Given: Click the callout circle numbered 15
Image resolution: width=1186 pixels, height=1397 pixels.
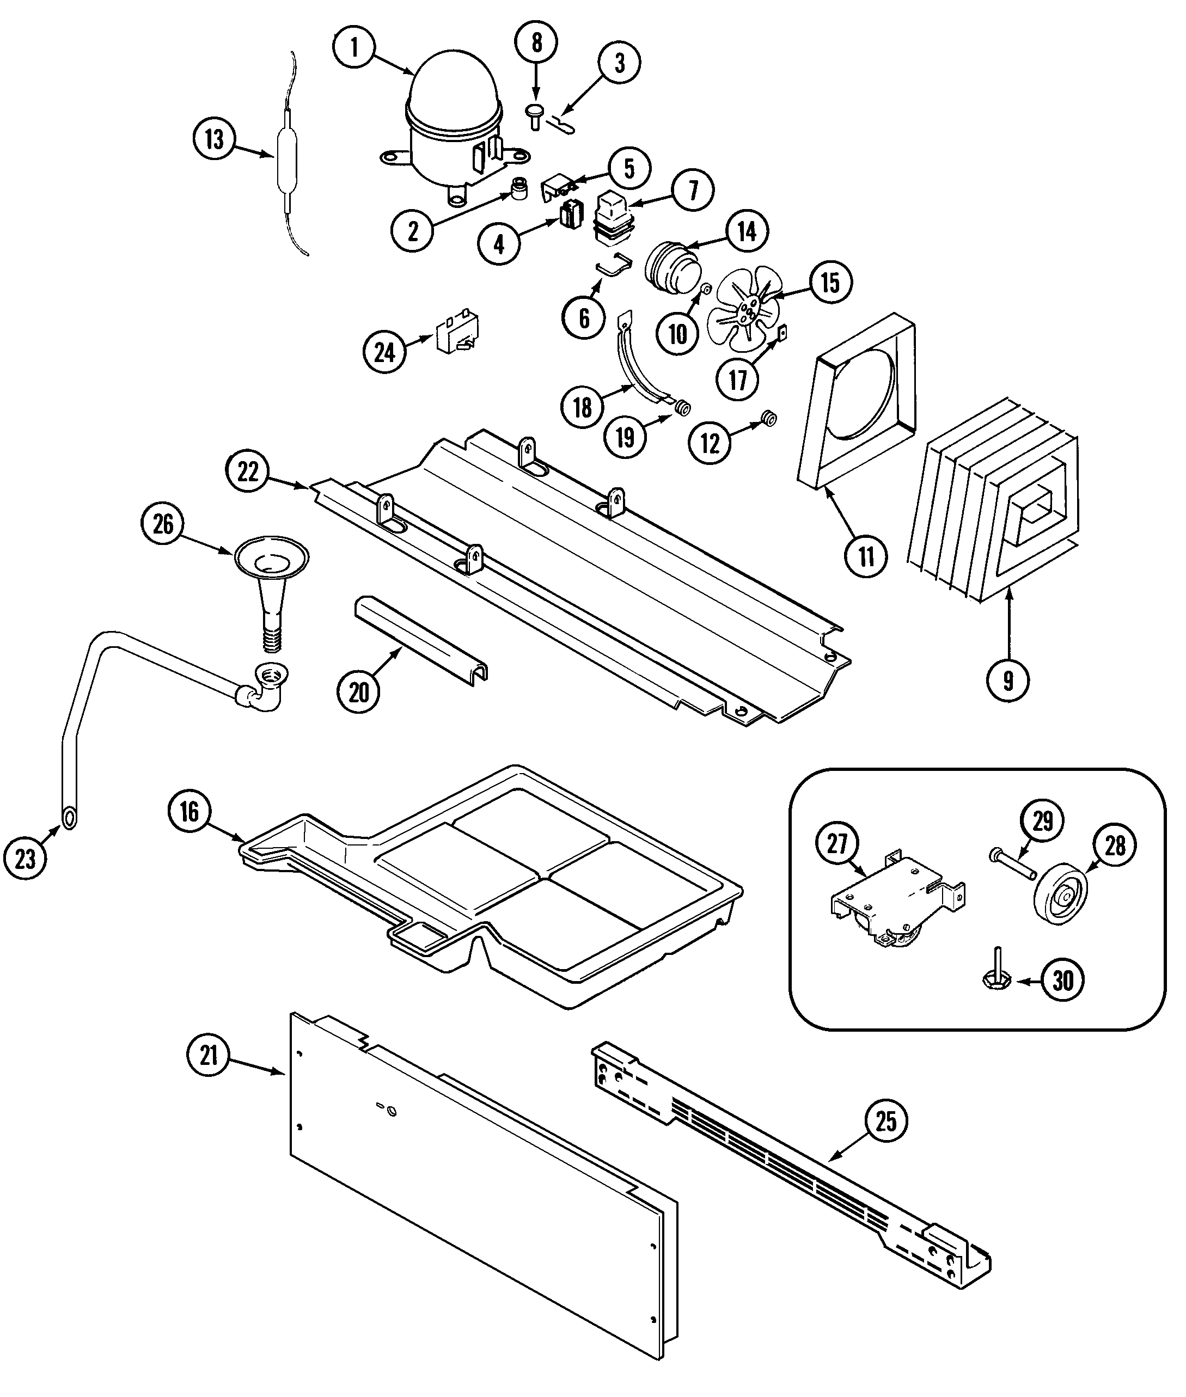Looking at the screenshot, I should (x=830, y=283).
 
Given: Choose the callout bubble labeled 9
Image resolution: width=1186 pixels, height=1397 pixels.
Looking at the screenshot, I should (x=1008, y=681).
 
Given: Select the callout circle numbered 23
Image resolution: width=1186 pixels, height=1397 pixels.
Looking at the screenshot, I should (x=25, y=858).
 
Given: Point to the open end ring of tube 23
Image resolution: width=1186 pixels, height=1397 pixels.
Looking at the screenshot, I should (x=69, y=817).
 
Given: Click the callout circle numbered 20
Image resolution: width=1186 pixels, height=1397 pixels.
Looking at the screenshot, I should (x=359, y=691).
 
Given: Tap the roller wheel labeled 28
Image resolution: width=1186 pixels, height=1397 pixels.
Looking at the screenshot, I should (x=1063, y=898).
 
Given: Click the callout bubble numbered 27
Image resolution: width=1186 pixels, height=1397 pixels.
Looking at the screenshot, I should (x=837, y=843).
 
